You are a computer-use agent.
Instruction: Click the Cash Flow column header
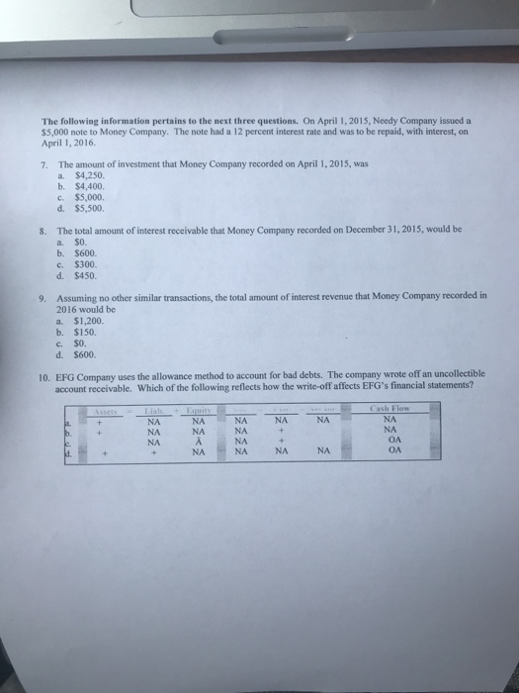(x=389, y=409)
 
